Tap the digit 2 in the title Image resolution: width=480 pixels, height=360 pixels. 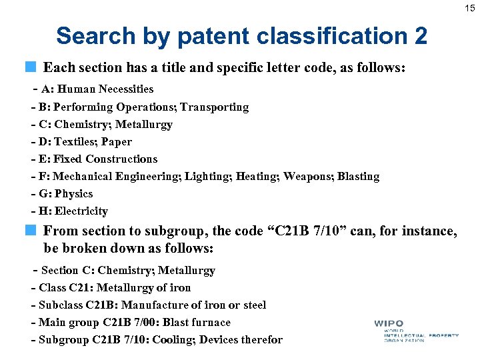(x=420, y=36)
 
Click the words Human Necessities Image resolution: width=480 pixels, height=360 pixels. (x=115, y=89)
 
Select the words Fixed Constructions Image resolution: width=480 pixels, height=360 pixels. (x=105, y=159)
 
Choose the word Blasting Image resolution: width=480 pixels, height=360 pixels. (x=359, y=176)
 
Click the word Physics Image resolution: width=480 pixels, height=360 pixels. (x=73, y=193)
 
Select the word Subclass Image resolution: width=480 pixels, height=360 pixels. (x=61, y=305)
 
